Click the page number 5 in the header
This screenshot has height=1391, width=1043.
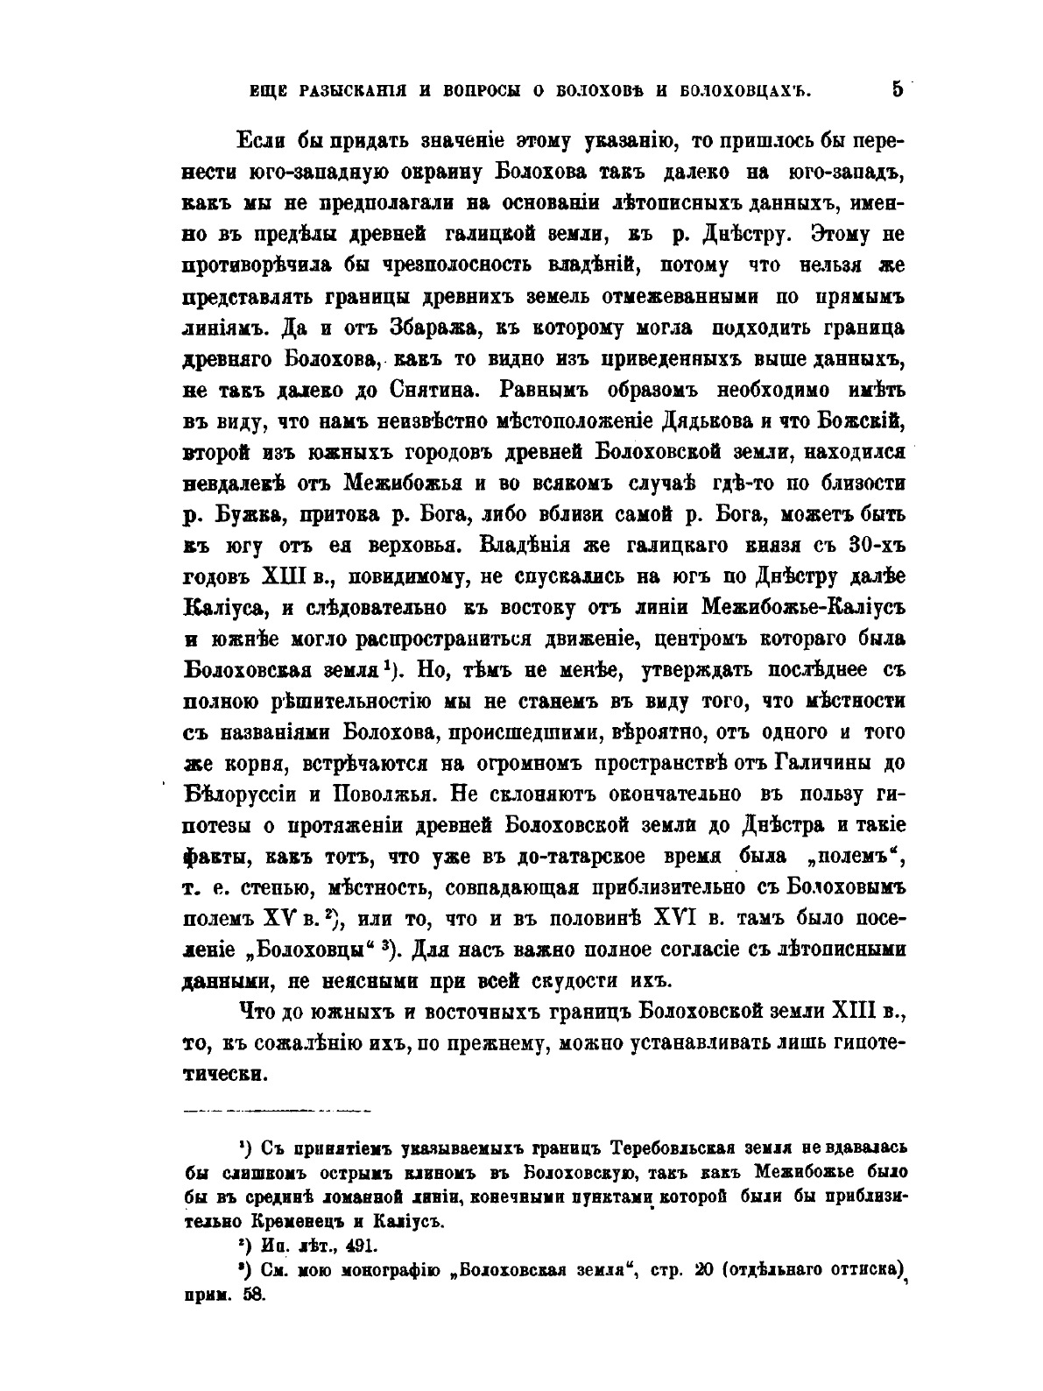click(897, 88)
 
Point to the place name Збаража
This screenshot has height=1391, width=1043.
click(431, 328)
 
